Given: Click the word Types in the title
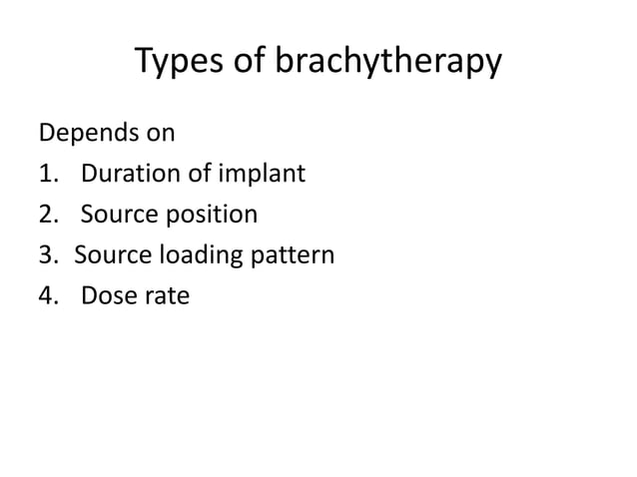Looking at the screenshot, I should pos(178,64).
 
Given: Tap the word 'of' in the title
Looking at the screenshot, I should pos(250,64).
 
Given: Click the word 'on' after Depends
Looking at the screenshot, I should pos(162,133).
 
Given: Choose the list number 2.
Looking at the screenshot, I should pos(46,215).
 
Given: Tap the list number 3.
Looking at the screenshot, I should pos(46,255).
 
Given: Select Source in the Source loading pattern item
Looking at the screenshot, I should pos(110,255).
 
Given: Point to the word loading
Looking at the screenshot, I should pos(196,256).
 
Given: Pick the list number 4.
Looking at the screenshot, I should pos(46,296).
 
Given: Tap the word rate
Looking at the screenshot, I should pos(166,296).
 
